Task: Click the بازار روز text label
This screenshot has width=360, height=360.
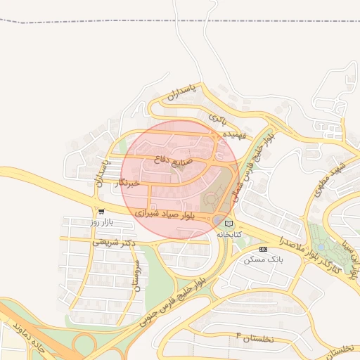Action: tap(101, 222)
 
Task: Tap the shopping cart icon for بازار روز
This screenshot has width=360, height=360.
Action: tap(101, 211)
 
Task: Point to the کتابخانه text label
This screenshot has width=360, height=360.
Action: tap(229, 233)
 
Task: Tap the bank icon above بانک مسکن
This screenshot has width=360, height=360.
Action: tap(263, 249)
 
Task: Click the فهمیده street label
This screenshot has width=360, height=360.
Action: tap(233, 134)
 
